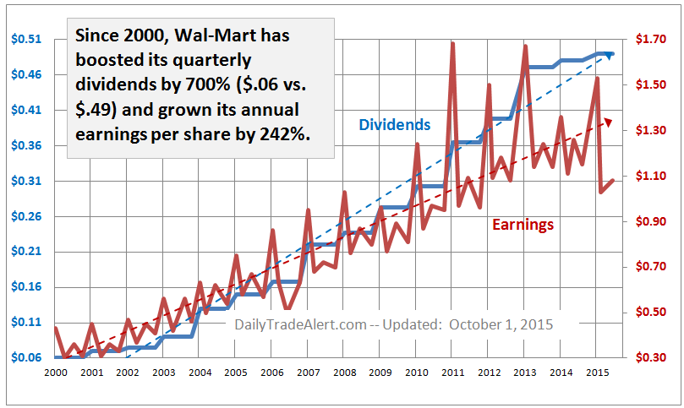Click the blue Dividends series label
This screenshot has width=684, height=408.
pos(395,125)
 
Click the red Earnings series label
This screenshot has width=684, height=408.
pos(523,225)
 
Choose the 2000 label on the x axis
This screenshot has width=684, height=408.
pos(56,372)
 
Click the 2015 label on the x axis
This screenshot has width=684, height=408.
pos(596,372)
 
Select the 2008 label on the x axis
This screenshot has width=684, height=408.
pos(344,372)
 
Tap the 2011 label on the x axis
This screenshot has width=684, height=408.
pos(452,372)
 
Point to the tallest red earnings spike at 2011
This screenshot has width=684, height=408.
pos(452,43)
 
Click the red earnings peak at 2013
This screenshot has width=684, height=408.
pos(525,46)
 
